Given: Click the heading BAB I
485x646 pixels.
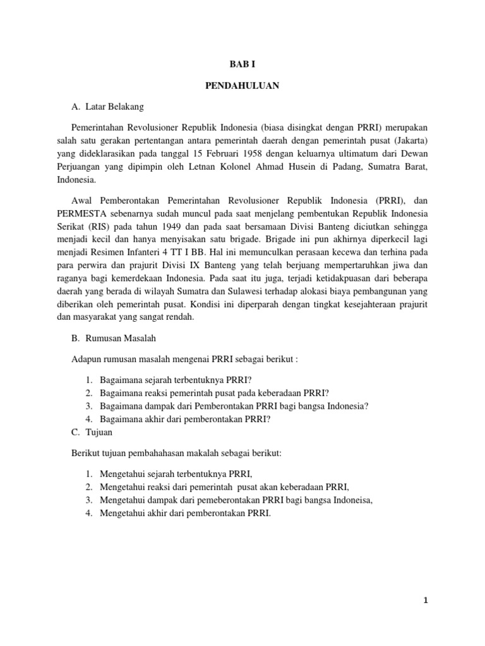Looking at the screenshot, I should coord(242,64).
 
